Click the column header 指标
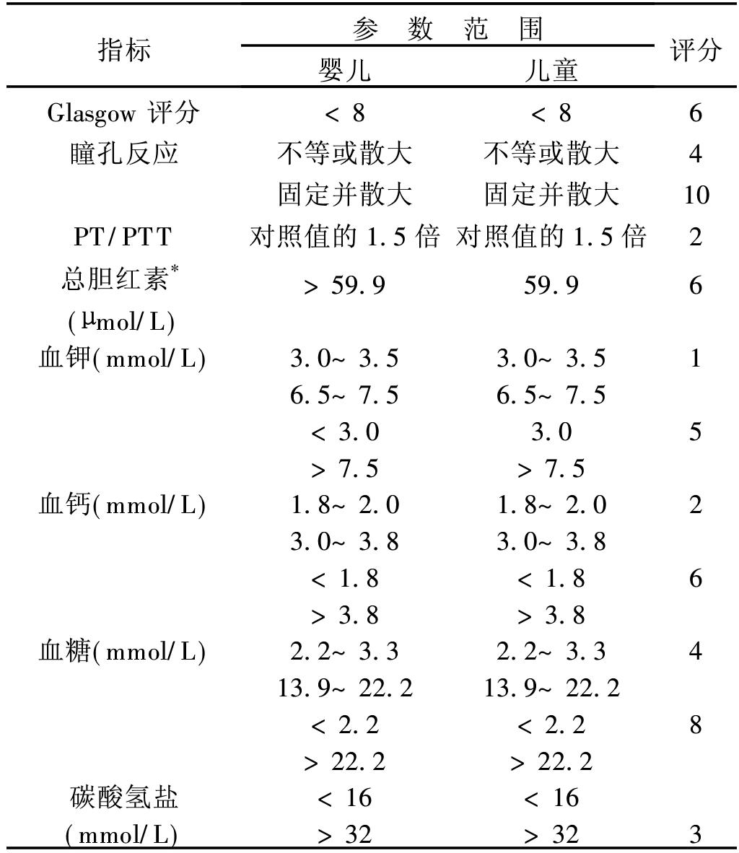(124, 51)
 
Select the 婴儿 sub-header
(345, 70)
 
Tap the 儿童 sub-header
(551, 70)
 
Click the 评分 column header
(695, 51)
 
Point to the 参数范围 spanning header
(447, 30)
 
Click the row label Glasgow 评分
(123, 113)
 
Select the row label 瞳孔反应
(124, 154)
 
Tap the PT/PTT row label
(123, 237)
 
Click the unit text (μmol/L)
(121, 321)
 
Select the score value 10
(695, 195)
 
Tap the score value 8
(695, 725)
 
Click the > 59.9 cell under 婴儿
(345, 285)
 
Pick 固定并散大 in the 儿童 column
(551, 195)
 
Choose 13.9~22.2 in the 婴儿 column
(345, 688)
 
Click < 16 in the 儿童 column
(551, 797)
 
